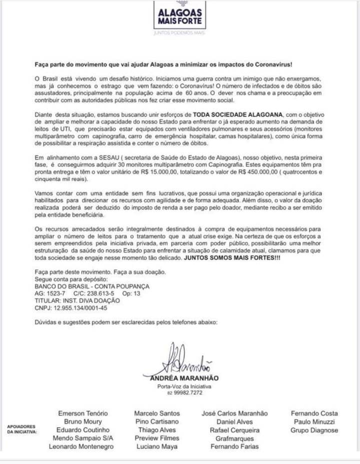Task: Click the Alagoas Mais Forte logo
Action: tap(179, 16)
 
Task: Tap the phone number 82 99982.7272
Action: tap(184, 393)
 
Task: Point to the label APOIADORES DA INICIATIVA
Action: tap(21, 429)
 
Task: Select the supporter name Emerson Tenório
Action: tap(82, 413)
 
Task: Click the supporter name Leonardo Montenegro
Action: tap(81, 446)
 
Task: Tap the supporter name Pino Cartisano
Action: tap(156, 422)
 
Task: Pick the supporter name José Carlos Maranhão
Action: tap(234, 413)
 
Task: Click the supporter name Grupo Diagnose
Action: tap(314, 430)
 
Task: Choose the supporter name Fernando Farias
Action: tap(234, 446)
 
